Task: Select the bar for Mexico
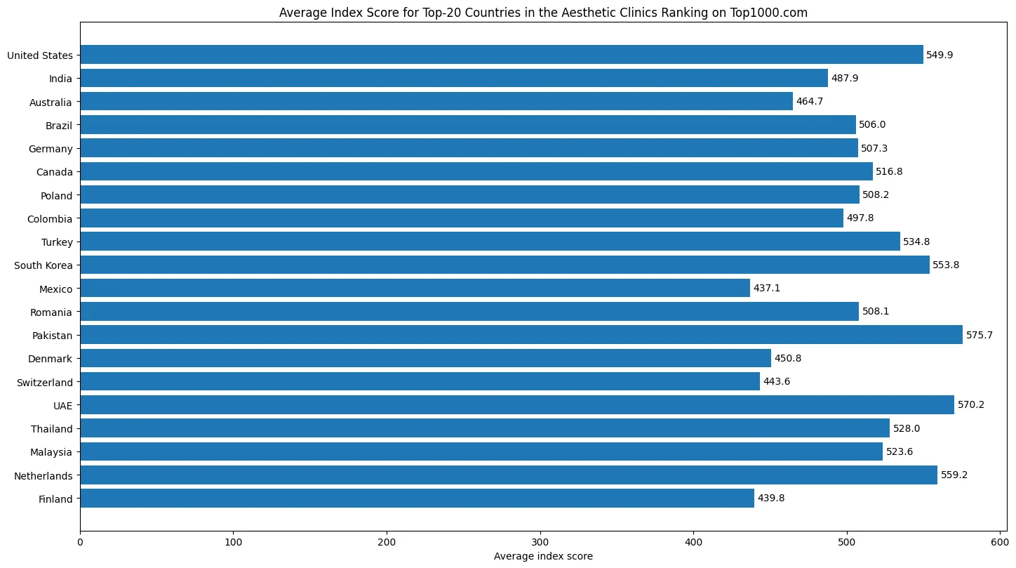(415, 289)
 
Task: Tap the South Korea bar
(504, 265)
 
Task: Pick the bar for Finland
(417, 498)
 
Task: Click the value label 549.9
(940, 55)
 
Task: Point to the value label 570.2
(970, 405)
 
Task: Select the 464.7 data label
(810, 102)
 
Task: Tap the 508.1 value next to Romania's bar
(876, 312)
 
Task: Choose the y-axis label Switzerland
(45, 383)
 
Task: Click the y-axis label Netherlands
(43, 476)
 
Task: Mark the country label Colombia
(50, 219)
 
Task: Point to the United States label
(40, 55)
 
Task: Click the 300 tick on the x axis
(540, 543)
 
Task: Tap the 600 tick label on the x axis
(1000, 543)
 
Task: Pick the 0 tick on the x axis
(80, 543)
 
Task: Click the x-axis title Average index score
(543, 556)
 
